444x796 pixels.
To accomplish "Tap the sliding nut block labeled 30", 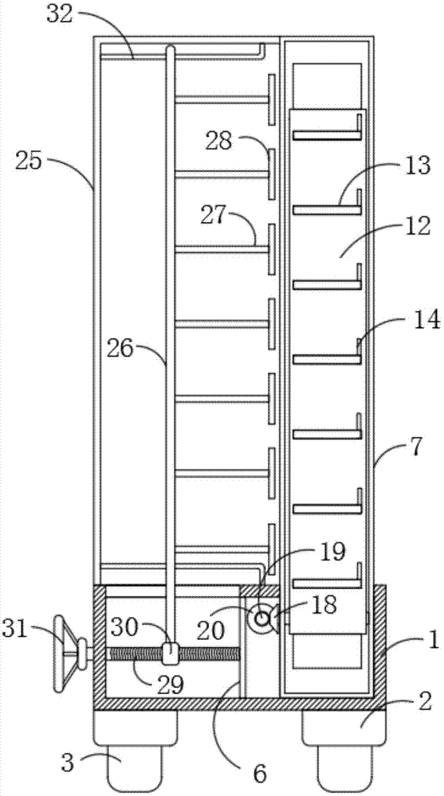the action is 169,654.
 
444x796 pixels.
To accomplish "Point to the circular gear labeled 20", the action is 262,618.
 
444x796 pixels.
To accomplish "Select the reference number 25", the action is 30,162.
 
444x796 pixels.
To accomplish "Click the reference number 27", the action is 213,216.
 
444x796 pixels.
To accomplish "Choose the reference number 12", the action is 417,225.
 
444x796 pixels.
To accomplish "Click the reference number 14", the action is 426,321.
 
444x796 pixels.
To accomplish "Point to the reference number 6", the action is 260,774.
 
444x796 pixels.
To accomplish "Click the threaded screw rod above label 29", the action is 173,654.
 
